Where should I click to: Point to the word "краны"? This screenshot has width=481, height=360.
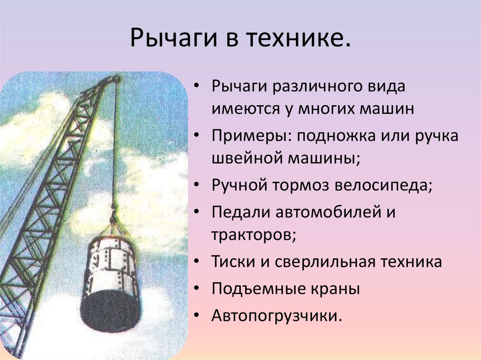click(x=335, y=288)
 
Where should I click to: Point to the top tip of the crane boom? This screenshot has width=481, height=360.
click(x=115, y=78)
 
